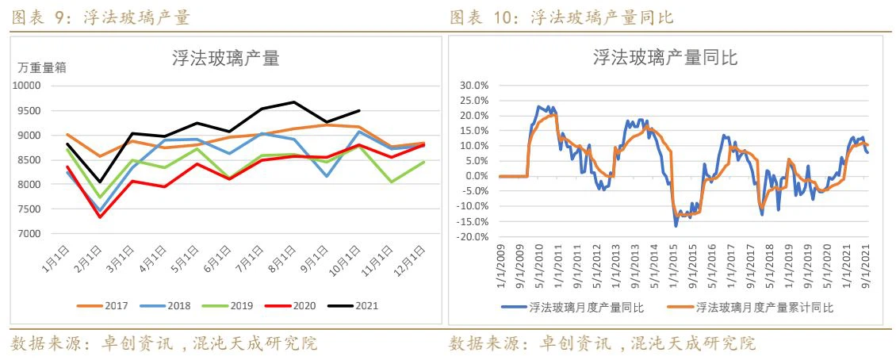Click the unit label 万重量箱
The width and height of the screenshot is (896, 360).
coord(42,68)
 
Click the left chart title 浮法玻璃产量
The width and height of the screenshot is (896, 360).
coord(226,58)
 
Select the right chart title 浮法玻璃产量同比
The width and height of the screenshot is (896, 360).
coord(665,58)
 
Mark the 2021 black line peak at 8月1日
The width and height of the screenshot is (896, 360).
coord(294,101)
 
